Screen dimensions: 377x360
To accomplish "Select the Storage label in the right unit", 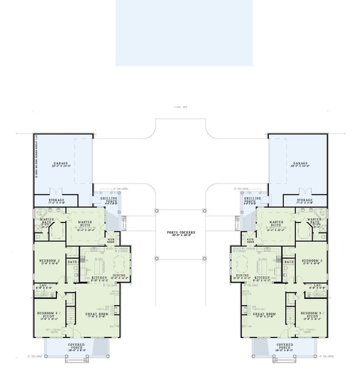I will pyautogui.click(x=305, y=201).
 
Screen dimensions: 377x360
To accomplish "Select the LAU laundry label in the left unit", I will pyautogui.click(x=42, y=286).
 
